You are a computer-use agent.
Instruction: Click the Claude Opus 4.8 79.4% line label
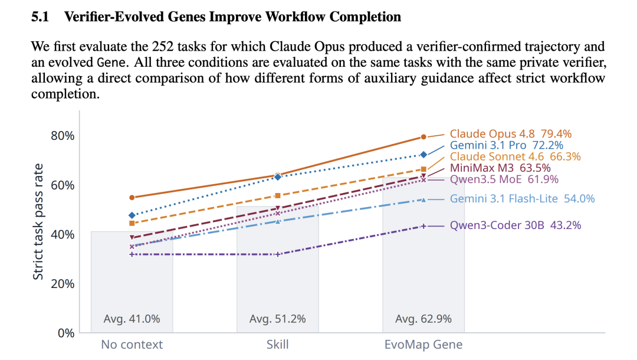(510, 134)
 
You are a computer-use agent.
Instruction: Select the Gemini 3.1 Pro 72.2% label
(506, 145)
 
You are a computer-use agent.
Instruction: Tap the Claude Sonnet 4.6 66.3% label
(515, 156)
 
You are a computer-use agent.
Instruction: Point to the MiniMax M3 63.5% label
(500, 168)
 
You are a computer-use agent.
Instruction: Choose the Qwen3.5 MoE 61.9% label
(504, 179)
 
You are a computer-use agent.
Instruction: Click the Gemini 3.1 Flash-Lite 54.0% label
(522, 199)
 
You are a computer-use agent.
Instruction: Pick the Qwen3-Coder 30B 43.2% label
(515, 225)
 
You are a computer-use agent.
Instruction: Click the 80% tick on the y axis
(63, 136)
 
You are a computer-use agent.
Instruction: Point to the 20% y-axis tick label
(63, 284)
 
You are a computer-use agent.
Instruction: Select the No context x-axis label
(132, 345)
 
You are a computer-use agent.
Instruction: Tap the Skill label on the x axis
(277, 345)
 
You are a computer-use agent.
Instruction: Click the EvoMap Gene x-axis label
(423, 345)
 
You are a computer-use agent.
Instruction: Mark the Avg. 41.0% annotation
(132, 319)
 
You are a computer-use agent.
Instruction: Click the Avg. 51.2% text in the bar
(277, 319)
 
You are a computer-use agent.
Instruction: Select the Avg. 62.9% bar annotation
(423, 319)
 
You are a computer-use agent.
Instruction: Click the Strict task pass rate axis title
(38, 222)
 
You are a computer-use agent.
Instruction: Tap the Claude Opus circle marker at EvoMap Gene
(423, 137)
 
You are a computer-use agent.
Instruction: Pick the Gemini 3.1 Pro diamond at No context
(132, 215)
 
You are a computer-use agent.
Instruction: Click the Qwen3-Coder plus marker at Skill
(277, 254)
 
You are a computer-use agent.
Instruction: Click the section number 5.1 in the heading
(40, 17)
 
